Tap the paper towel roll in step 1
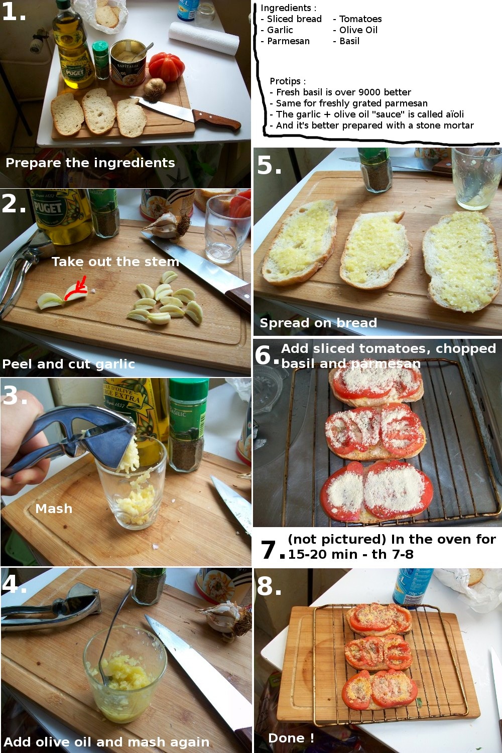[x=204, y=38]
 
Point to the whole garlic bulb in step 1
[x=155, y=87]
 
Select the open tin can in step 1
[x=128, y=63]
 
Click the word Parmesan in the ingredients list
[x=288, y=41]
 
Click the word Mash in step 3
[x=54, y=509]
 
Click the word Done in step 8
[x=287, y=738]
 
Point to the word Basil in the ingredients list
[x=349, y=41]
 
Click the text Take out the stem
[x=115, y=262]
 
